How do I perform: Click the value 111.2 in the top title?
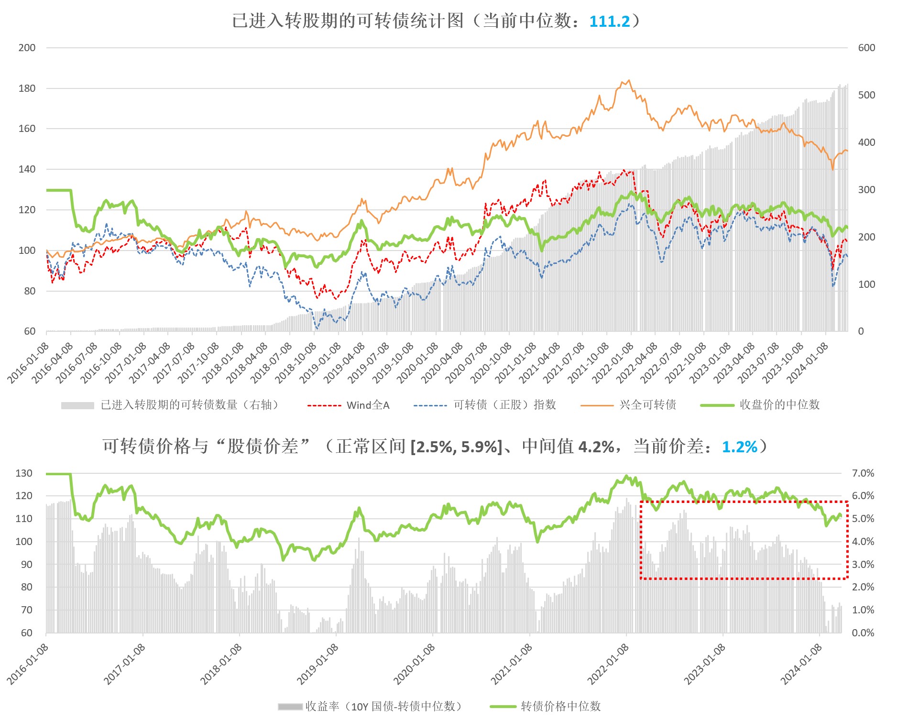pyautogui.click(x=610, y=22)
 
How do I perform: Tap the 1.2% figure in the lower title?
pyautogui.click(x=739, y=447)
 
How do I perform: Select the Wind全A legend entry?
pyautogui.click(x=368, y=405)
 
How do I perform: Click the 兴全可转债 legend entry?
pyautogui.click(x=647, y=405)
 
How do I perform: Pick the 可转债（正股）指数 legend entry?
pyautogui.click(x=504, y=405)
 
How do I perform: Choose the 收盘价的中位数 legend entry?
pyautogui.click(x=779, y=405)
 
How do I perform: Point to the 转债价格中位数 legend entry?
pyautogui.click(x=560, y=706)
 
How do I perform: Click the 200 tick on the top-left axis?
pyautogui.click(x=27, y=48)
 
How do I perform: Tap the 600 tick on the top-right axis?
pyautogui.click(x=866, y=48)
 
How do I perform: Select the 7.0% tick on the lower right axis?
pyautogui.click(x=863, y=473)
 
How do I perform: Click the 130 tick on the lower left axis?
pyautogui.click(x=24, y=473)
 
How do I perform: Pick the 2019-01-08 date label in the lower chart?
pyautogui.click(x=317, y=665)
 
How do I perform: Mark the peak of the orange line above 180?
pyautogui.click(x=629, y=80)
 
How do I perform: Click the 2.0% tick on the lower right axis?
pyautogui.click(x=863, y=587)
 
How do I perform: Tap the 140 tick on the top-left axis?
pyautogui.click(x=27, y=169)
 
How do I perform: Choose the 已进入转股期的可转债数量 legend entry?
pyautogui.click(x=189, y=405)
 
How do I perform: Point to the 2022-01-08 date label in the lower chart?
pyautogui.click(x=608, y=665)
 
